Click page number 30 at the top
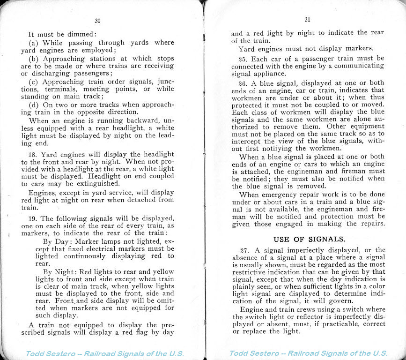pyautogui.click(x=97, y=21)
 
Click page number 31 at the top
pyautogui.click(x=307, y=20)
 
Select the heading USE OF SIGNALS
pyautogui.click(x=309, y=239)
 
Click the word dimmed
pyautogui.click(x=81, y=34)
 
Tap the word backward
pyautogui.click(x=146, y=120)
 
